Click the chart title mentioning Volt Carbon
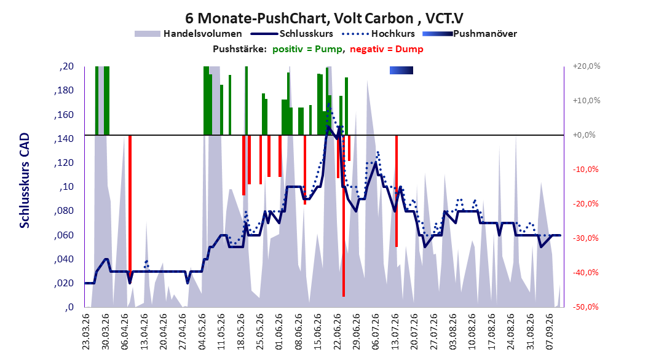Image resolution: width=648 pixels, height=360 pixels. tap(324, 18)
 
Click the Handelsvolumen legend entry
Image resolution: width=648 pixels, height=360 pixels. tap(188, 34)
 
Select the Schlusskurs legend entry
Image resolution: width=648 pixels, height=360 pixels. tap(292, 34)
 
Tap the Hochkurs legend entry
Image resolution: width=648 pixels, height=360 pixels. tap(378, 34)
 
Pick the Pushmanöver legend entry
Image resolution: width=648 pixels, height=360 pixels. tap(470, 34)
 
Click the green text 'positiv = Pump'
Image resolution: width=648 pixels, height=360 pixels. tap(307, 49)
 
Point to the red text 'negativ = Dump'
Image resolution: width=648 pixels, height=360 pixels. tap(387, 49)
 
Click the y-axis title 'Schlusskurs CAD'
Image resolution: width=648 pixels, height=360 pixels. tap(25, 180)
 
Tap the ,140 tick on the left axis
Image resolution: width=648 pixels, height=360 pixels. tap(64, 139)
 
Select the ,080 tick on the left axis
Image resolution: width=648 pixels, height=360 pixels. tap(64, 211)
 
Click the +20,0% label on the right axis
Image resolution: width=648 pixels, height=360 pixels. tap(587, 66)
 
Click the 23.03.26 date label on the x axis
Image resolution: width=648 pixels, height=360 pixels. tap(86, 332)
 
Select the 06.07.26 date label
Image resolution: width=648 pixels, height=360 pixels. tap(375, 332)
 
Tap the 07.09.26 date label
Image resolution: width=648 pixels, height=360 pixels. tap(549, 332)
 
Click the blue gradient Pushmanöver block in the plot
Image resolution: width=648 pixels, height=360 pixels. tap(401, 70)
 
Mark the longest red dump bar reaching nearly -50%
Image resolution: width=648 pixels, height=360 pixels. tap(344, 216)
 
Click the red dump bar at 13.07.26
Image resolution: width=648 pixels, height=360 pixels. tap(397, 190)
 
